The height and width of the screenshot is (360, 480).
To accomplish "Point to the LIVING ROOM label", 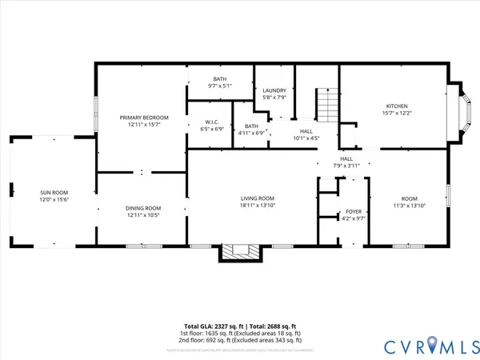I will point(258,198).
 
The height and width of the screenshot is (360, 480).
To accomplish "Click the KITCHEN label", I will point(398,106).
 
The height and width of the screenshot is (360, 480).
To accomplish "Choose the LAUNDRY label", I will point(274,90).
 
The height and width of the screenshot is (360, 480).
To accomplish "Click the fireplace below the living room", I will point(242,253).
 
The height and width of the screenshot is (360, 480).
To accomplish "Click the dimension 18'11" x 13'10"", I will point(258,206).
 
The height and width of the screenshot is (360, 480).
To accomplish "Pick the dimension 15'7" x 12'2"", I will point(398,114).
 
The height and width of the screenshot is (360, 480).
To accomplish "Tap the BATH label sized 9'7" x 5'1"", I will point(219,78).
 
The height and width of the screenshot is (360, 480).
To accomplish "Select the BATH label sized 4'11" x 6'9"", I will point(252,126).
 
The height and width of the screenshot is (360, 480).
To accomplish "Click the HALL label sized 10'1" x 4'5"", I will point(306,131).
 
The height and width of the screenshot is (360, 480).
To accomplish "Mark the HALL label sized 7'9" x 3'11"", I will point(346,158).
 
